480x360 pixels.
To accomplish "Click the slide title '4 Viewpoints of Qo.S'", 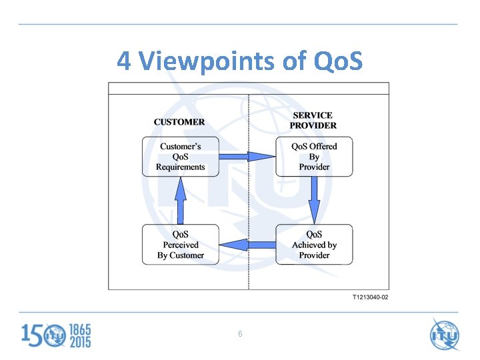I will tap(240, 61).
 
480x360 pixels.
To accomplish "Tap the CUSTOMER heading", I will tap(179, 122).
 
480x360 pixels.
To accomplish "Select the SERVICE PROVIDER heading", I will tap(313, 120).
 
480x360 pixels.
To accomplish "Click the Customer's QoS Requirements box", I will tap(180, 157).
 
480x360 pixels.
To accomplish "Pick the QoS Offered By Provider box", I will tap(314, 157).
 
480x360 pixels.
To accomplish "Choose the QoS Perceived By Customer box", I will tap(180, 245).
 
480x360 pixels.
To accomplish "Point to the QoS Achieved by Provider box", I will tap(314, 245).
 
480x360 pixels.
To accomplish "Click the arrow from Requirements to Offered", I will tap(247, 157).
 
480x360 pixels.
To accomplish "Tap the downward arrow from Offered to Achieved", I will tap(314, 200).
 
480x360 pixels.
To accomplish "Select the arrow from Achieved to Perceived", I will tap(247, 245).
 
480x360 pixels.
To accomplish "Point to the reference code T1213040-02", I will tap(370, 297).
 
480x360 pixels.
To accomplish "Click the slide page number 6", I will tap(240, 333).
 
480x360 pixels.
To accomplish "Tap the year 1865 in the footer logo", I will tap(79, 329).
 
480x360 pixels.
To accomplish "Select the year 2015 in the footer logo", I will tap(79, 341).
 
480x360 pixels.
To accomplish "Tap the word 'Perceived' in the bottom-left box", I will tap(181, 245).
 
